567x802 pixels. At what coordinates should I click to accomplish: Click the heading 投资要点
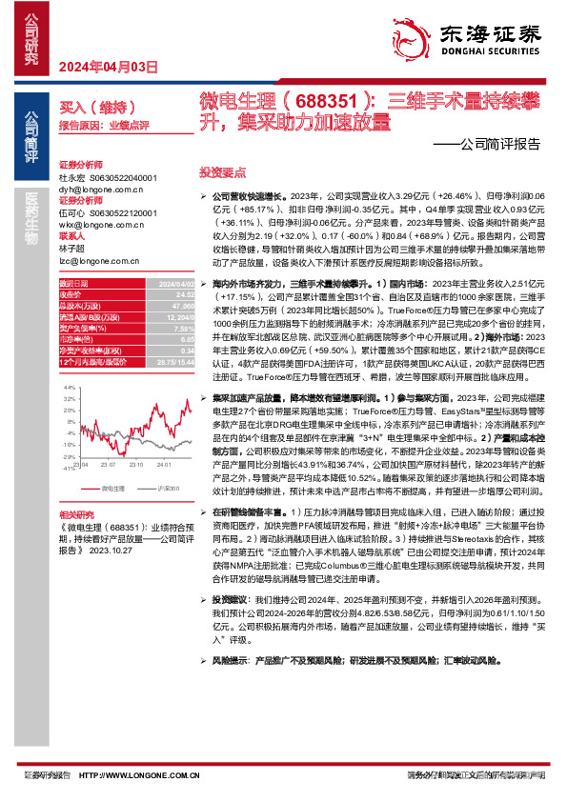pyautogui.click(x=222, y=172)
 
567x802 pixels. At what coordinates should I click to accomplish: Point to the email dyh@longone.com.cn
pyautogui.click(x=98, y=190)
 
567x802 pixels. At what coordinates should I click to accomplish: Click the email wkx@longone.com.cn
pyautogui.click(x=98, y=224)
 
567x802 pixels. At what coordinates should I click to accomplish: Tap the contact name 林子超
pyautogui.click(x=72, y=246)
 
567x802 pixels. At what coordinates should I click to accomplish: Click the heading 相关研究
pyautogui.click(x=76, y=512)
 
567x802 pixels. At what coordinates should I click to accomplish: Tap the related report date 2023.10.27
pyautogui.click(x=116, y=549)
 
